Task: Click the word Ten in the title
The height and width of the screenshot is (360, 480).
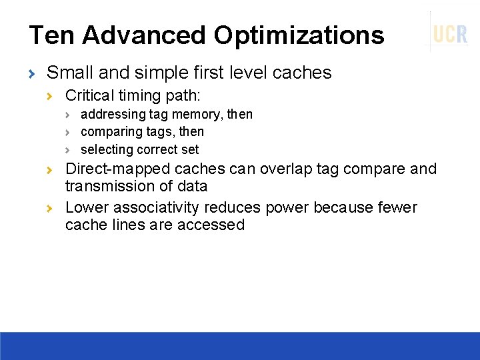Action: [x=51, y=35]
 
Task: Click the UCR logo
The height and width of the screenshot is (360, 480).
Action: [x=450, y=33]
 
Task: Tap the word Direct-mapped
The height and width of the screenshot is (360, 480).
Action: [x=117, y=169]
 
